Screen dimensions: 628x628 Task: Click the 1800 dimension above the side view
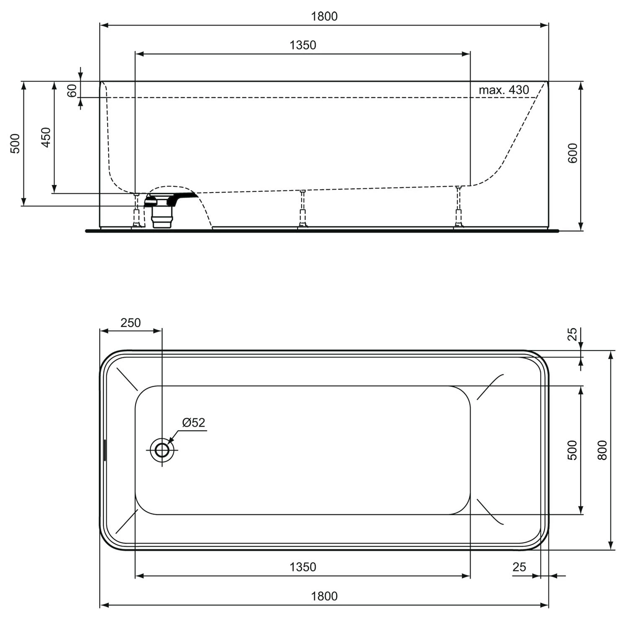tap(324, 17)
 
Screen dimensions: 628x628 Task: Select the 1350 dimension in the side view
tap(303, 45)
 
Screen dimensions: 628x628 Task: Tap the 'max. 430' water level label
tap(504, 90)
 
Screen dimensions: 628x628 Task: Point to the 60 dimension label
tap(72, 90)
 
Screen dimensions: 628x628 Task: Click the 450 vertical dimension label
tap(46, 137)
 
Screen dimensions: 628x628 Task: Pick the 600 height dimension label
tap(573, 153)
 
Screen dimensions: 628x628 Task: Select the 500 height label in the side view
tap(15, 144)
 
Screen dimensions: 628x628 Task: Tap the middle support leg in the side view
tap(302, 209)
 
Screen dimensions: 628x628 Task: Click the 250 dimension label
tap(131, 323)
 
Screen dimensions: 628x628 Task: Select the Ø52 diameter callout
tap(193, 423)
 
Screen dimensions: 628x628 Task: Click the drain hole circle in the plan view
tap(162, 450)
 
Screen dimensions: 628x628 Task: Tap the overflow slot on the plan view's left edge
tap(105, 450)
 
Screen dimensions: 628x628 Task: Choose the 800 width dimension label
tap(602, 450)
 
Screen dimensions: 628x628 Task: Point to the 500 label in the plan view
tap(572, 450)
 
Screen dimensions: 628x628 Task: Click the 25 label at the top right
tap(572, 334)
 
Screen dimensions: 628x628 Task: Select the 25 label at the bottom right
tap(519, 567)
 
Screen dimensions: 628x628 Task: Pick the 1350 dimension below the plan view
tap(303, 567)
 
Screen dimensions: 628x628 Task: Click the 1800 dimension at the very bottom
tap(324, 596)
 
